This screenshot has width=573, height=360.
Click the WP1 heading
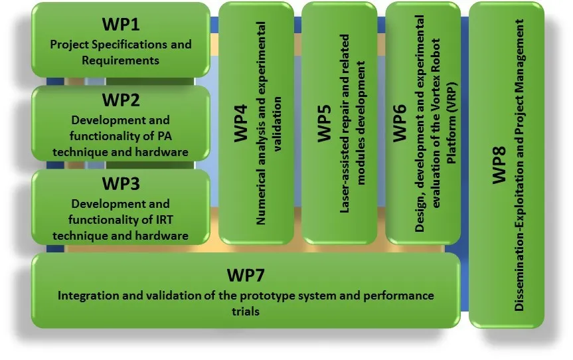click(121, 24)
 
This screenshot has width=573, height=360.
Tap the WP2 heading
click(121, 100)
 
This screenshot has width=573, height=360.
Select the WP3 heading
click(121, 183)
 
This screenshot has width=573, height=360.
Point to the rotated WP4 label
click(241, 123)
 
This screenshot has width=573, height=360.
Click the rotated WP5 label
click(324, 123)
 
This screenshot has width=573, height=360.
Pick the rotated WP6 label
click(400, 123)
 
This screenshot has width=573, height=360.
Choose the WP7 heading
click(246, 275)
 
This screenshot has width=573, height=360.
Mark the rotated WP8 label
click(499, 165)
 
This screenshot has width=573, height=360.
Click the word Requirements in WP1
click(121, 60)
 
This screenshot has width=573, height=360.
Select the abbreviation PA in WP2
click(165, 136)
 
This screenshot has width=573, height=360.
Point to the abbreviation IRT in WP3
click(165, 220)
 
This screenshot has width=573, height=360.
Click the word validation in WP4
click(278, 124)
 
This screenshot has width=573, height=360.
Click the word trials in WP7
click(246, 312)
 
